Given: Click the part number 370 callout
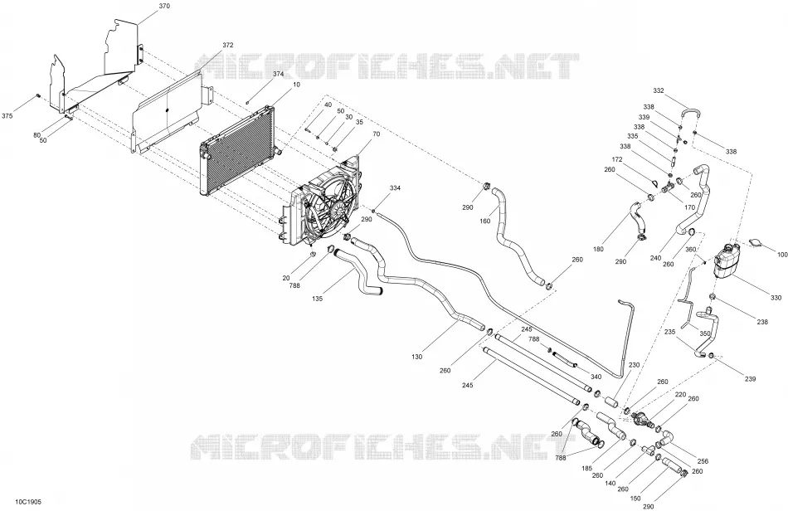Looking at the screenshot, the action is (164, 6).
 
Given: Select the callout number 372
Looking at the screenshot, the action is (227, 46).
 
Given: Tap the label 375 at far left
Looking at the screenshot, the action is (7, 116).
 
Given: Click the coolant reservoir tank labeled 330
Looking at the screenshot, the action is (727, 260).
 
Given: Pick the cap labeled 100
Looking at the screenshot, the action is (755, 243).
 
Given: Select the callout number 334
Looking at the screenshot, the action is (395, 188).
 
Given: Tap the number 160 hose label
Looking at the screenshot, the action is (485, 221).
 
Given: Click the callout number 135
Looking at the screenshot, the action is (317, 299).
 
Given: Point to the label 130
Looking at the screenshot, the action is (416, 357).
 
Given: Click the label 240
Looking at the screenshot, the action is (655, 259).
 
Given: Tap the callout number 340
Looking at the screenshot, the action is (596, 377).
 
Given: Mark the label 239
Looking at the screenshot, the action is (750, 379).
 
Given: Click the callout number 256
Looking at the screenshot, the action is (703, 461).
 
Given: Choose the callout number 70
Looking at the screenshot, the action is (377, 134).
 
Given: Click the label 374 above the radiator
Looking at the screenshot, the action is (279, 74).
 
